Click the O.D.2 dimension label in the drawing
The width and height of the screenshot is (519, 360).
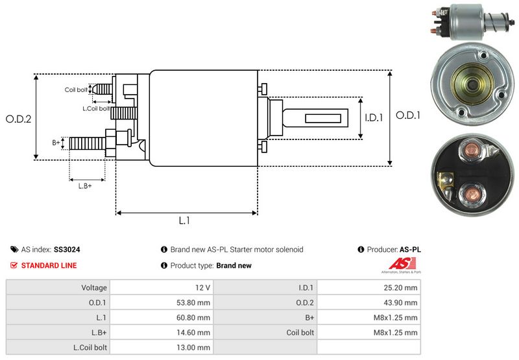19,119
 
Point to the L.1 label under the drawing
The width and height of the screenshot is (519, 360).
184,221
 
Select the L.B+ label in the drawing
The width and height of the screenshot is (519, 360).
85,186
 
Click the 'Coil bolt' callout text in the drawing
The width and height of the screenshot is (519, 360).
76,90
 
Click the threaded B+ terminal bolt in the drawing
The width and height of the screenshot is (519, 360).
87,142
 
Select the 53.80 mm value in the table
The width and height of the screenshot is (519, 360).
195,302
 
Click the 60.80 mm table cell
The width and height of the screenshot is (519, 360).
195,317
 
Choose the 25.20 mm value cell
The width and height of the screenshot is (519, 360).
402,287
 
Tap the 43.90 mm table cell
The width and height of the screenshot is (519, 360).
402,302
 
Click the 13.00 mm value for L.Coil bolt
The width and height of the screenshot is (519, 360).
195,347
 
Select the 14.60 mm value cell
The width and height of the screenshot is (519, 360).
195,332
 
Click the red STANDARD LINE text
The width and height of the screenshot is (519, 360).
49,265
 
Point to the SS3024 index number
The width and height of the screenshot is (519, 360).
67,249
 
